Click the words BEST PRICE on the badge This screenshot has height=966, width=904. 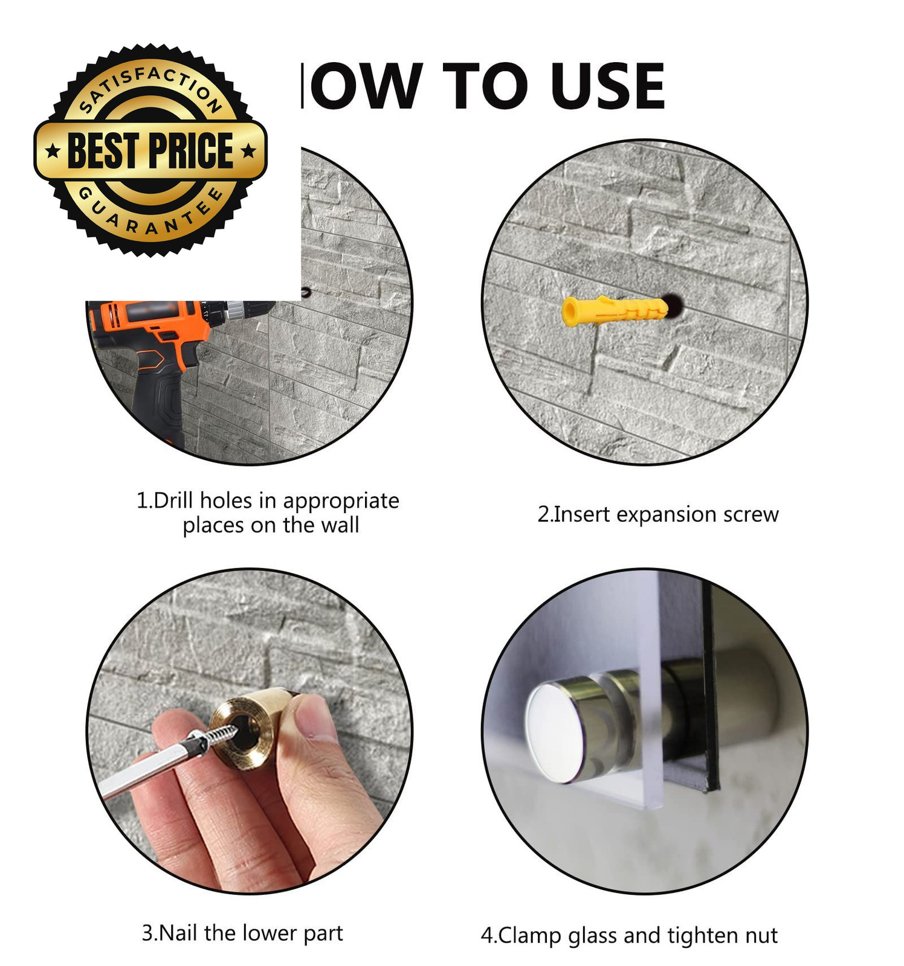point(150,150)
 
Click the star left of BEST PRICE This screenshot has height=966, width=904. point(53,151)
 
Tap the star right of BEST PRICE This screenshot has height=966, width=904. point(248,151)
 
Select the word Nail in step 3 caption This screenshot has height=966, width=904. point(179,933)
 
